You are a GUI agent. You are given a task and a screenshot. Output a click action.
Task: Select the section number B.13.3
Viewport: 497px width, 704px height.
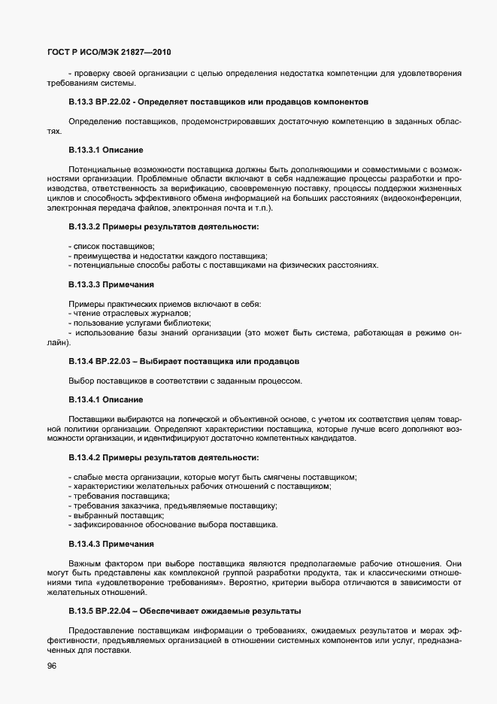coord(81,101)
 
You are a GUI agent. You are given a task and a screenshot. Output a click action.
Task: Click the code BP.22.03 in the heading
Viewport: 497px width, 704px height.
coord(114,361)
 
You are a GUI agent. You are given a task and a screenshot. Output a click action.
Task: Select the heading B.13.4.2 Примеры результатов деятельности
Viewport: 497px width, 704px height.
coord(163,457)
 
